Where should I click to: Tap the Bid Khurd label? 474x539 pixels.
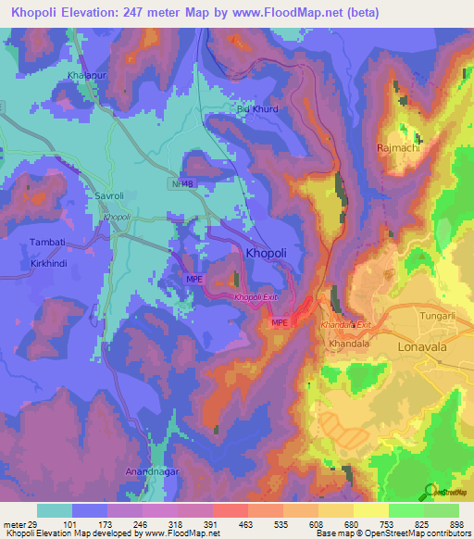pos(256,109)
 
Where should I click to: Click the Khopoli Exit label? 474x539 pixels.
pos(256,297)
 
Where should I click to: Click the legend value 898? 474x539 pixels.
pos(456,524)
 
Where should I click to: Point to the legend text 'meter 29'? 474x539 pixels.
pos(21,524)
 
